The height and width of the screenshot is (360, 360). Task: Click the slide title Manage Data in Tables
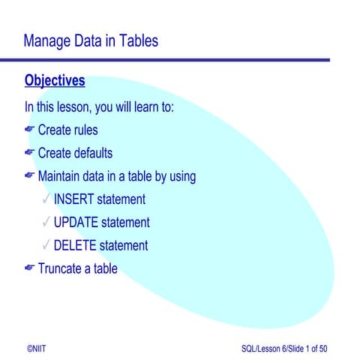click(91, 40)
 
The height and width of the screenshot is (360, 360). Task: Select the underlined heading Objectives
click(55, 80)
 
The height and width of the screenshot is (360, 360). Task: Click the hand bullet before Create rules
click(29, 130)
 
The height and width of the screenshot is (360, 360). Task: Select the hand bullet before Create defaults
click(29, 153)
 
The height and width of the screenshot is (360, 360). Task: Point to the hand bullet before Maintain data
click(29, 176)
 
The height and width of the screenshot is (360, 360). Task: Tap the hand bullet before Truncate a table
click(29, 268)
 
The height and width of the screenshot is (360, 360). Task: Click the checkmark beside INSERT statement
click(46, 199)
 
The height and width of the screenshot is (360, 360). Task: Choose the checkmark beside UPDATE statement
click(46, 223)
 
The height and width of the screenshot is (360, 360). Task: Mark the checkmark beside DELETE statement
click(46, 245)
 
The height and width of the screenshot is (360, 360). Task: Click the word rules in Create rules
click(85, 130)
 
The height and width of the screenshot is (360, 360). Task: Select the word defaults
click(92, 154)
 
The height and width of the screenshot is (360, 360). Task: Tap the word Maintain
click(62, 177)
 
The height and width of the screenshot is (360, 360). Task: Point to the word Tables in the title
click(139, 40)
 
